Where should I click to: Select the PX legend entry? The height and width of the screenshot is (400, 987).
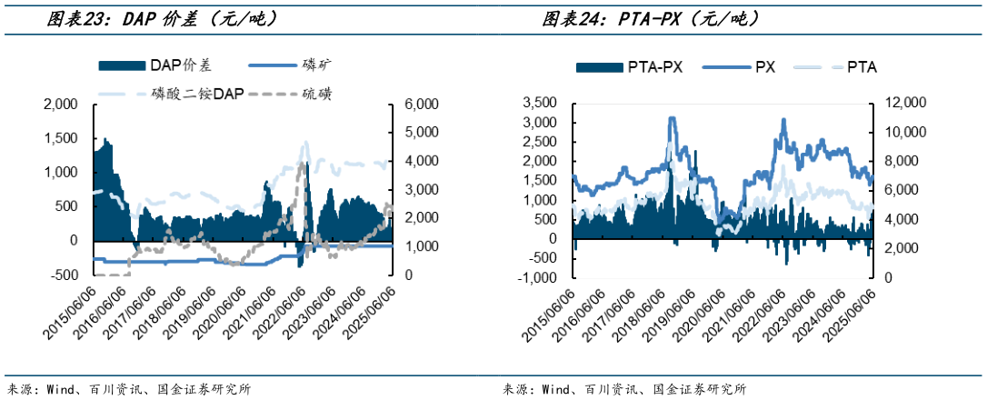click(x=764, y=66)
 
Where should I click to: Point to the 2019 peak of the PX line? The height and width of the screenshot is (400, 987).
click(x=673, y=118)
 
